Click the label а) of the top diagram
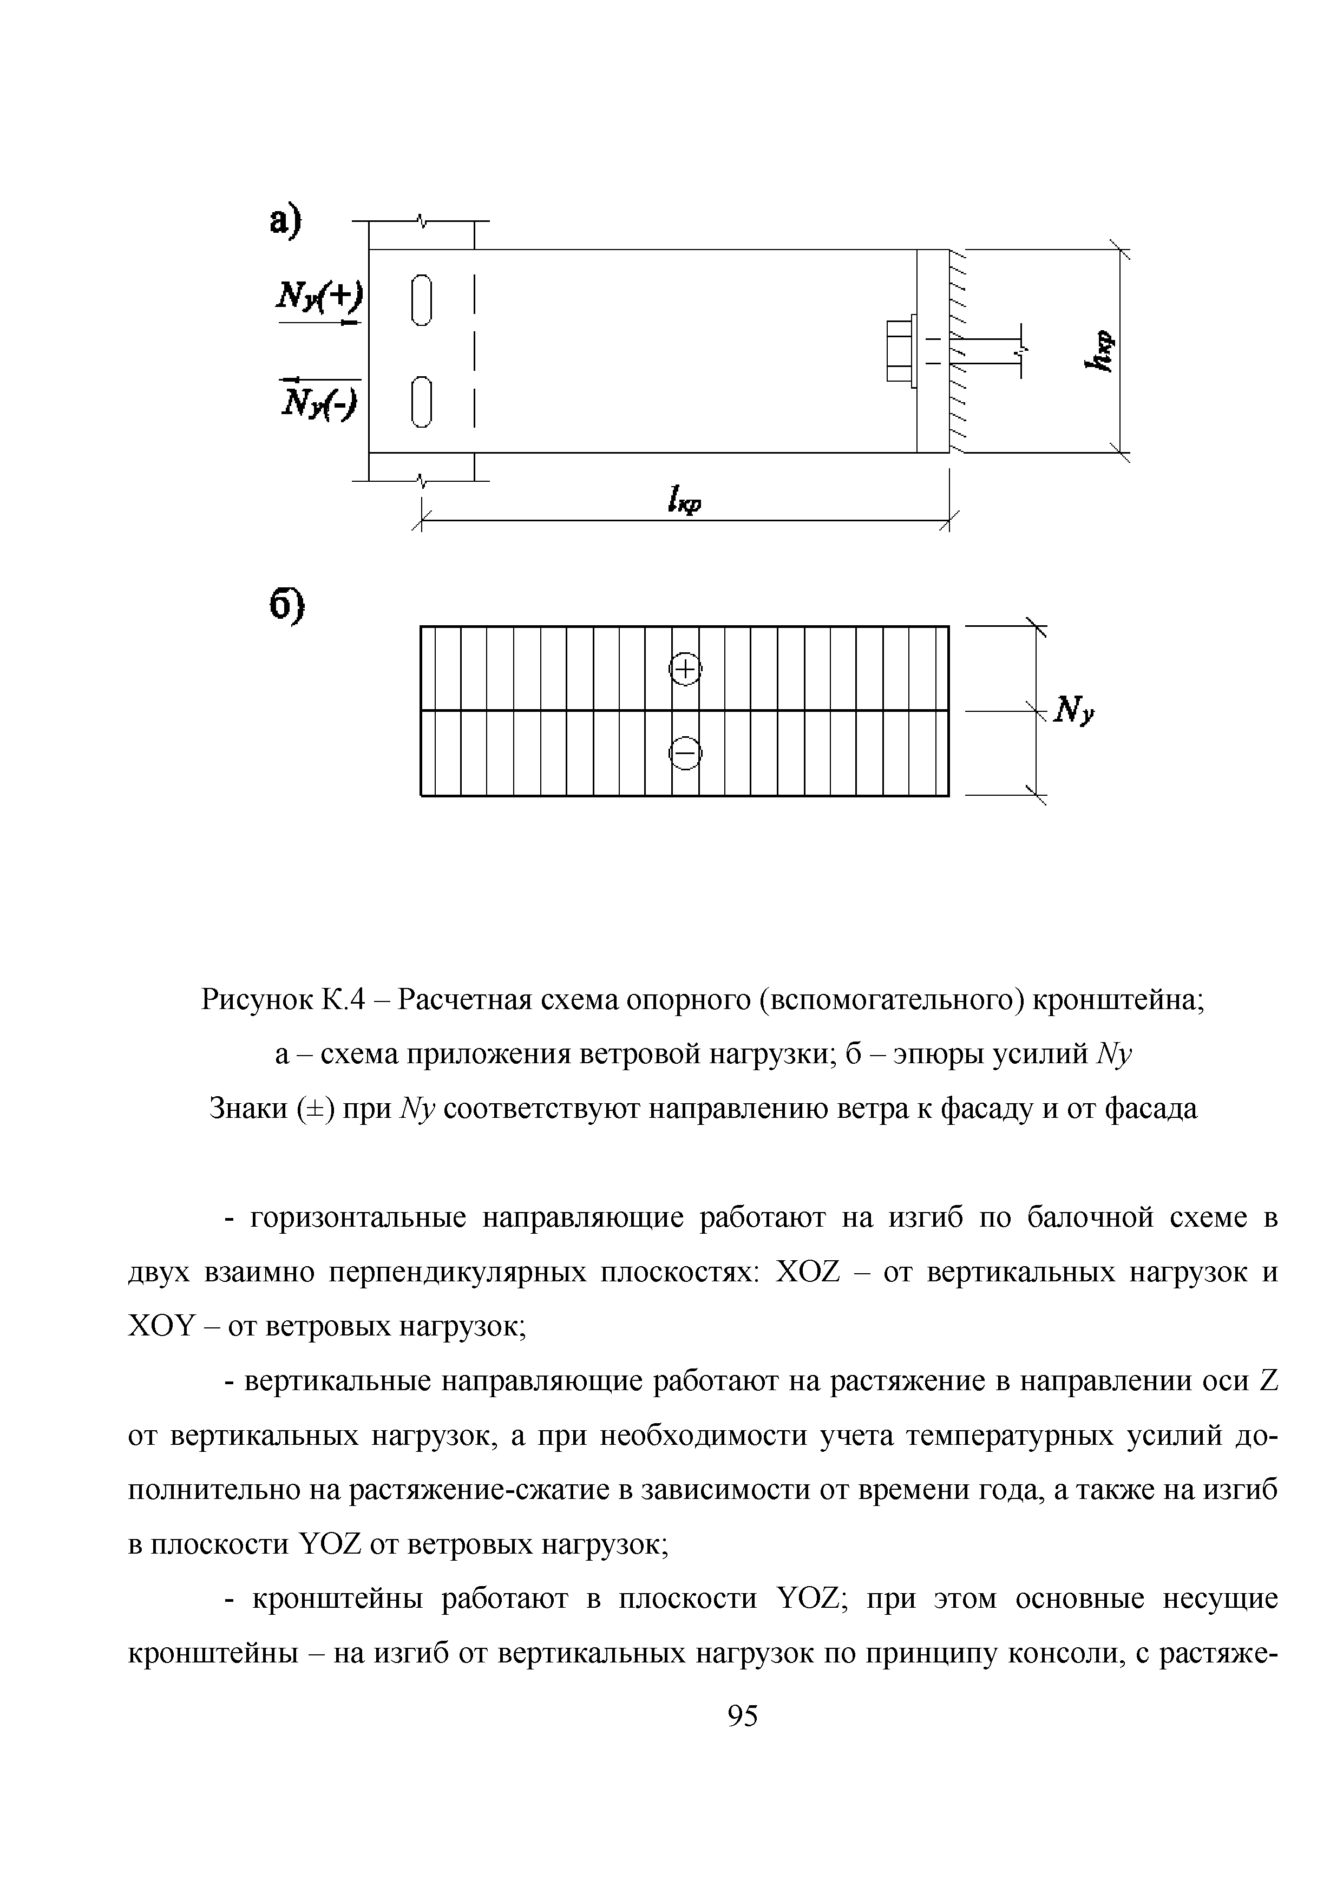[x=288, y=224]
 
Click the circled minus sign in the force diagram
[x=685, y=752]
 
